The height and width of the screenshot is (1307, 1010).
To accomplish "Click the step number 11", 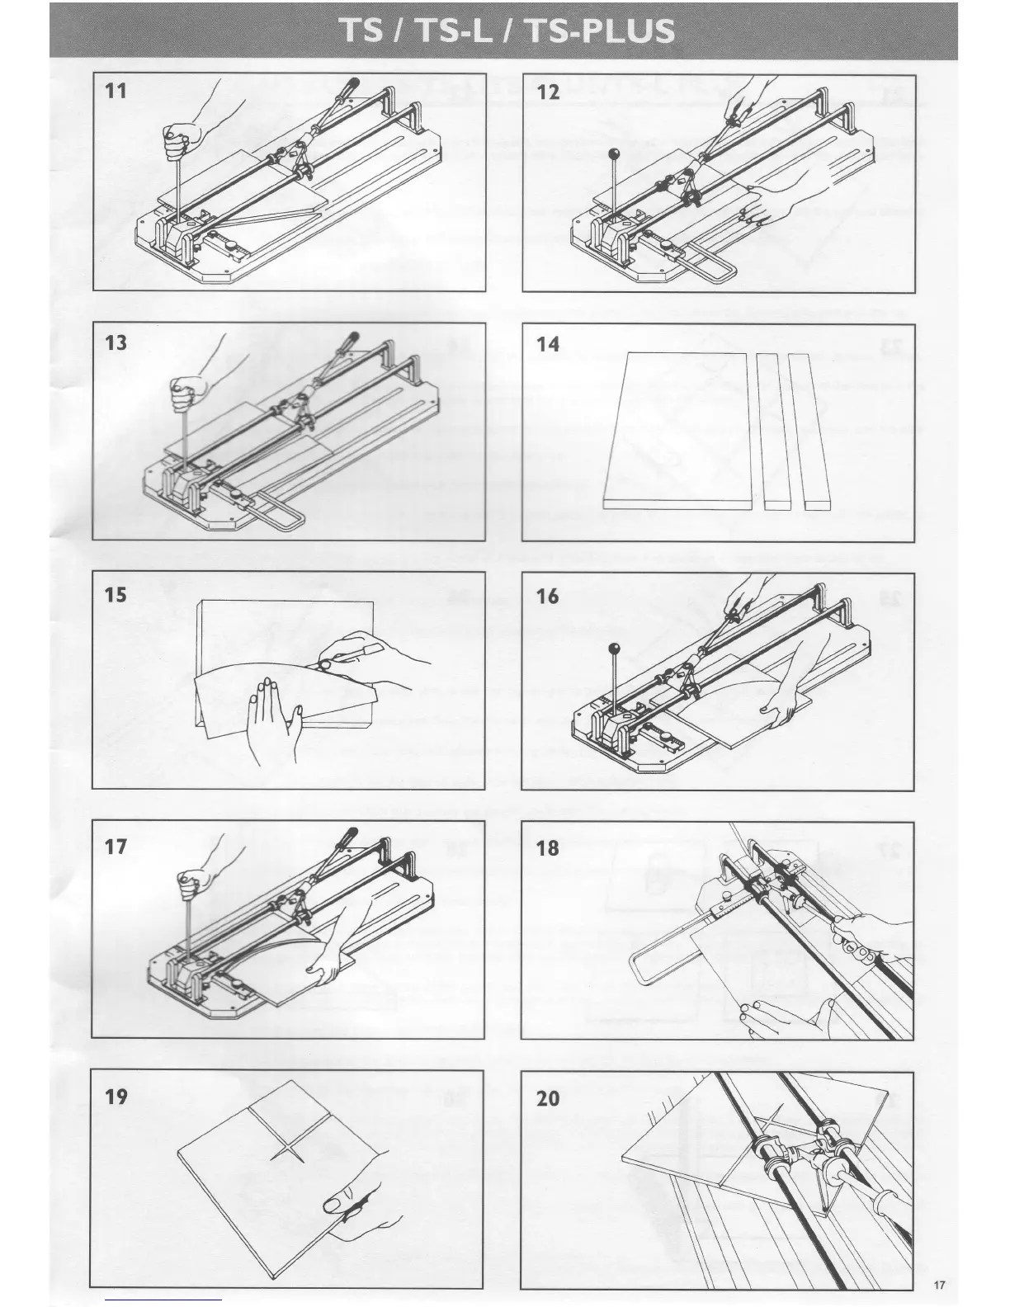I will [x=116, y=91].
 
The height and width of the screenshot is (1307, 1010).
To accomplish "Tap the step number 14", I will [x=548, y=344].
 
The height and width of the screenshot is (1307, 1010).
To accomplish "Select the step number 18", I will [x=548, y=847].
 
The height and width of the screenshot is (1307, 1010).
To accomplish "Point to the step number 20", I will [x=548, y=1098].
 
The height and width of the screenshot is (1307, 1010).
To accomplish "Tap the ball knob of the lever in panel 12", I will [x=614, y=153].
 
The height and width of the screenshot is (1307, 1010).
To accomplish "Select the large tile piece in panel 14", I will [x=677, y=429].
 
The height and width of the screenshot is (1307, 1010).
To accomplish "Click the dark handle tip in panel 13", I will [x=350, y=337].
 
